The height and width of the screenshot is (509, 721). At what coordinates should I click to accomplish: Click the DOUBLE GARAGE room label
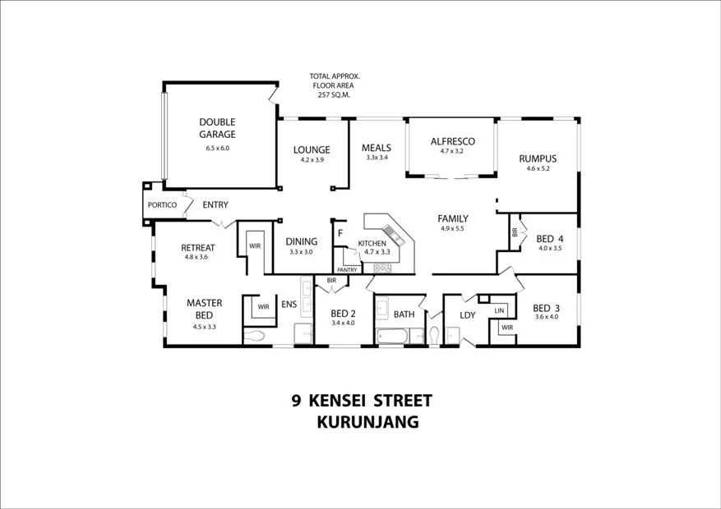[x=217, y=128]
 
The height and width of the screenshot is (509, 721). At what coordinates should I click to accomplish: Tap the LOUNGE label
[x=312, y=149]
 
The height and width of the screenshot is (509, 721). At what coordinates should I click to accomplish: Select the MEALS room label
[x=376, y=148]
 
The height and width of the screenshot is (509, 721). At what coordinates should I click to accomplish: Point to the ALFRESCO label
[x=452, y=141]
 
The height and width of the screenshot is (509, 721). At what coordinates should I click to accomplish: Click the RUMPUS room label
[x=538, y=158]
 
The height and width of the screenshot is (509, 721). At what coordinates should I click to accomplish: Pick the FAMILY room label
[x=452, y=218]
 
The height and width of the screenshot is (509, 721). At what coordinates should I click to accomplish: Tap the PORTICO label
[x=162, y=205]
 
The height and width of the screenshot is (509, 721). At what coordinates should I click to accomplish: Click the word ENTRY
[x=215, y=204]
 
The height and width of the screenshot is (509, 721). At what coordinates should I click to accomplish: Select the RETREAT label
[x=197, y=247]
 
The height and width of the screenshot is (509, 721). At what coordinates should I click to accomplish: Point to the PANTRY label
[x=347, y=269]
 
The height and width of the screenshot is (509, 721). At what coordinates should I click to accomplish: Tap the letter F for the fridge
[x=340, y=233]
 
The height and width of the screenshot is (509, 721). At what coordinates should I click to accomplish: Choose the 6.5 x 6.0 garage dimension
[x=217, y=149]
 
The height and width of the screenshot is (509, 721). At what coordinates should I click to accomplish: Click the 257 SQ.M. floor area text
[x=335, y=95]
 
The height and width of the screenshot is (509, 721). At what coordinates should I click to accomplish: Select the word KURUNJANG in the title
[x=367, y=423]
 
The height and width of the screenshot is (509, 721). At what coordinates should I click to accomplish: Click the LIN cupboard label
[x=499, y=310]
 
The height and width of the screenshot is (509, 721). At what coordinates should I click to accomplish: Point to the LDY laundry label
[x=467, y=314]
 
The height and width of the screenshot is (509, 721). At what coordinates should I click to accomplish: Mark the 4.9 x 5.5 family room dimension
[x=452, y=229]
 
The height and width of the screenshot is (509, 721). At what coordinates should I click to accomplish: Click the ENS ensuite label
[x=289, y=305]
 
